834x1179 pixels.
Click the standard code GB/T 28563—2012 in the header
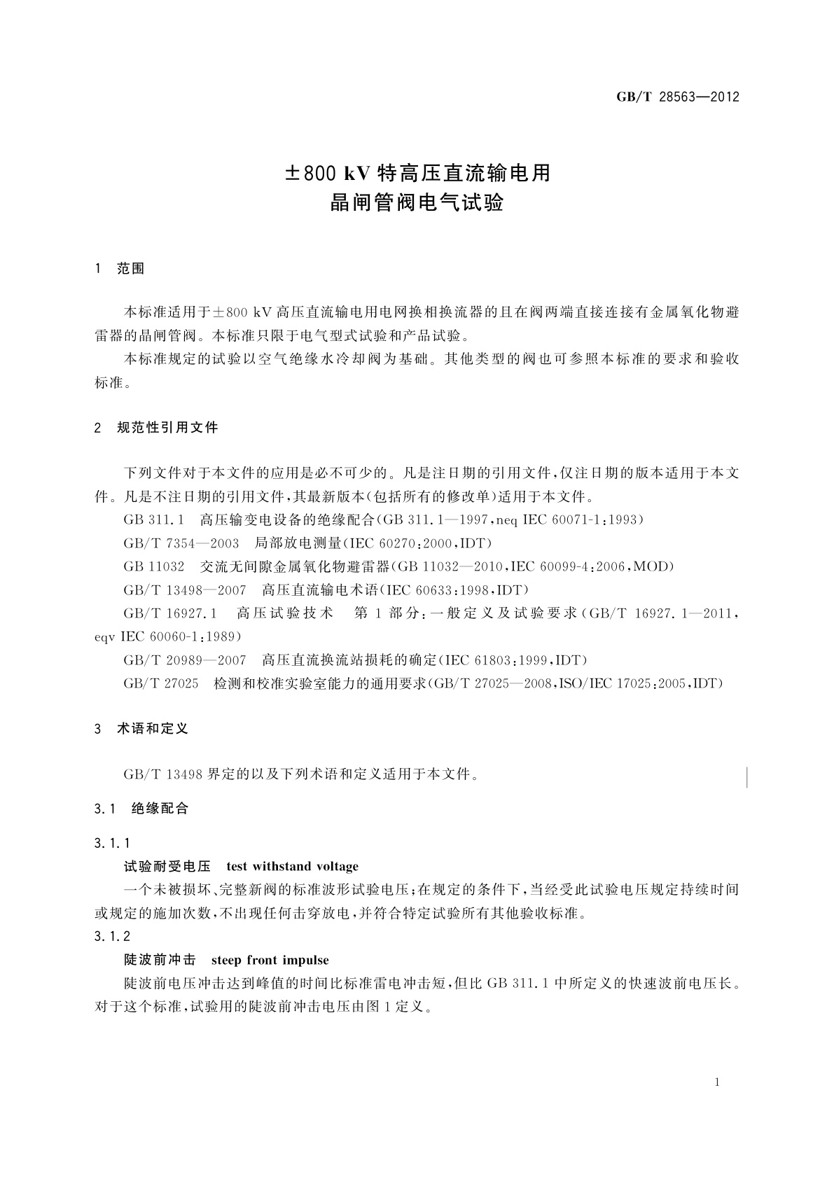pyautogui.click(x=677, y=97)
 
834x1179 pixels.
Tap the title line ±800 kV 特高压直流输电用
pyautogui.click(x=417, y=172)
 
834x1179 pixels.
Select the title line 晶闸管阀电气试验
pyautogui.click(x=417, y=204)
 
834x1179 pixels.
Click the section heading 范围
pyautogui.click(x=131, y=269)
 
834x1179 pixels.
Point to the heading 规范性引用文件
pyautogui.click(x=167, y=427)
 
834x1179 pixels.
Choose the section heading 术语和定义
pyautogui.click(x=153, y=729)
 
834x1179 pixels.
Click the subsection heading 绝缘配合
pyautogui.click(x=160, y=809)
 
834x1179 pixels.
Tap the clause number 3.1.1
pyautogui.click(x=112, y=844)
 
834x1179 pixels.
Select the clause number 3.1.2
pyautogui.click(x=112, y=937)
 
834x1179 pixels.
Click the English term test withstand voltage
pyautogui.click(x=292, y=867)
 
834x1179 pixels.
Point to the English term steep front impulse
pyautogui.click(x=270, y=960)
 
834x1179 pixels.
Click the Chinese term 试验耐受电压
pyautogui.click(x=167, y=867)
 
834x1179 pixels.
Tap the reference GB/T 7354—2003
pyautogui.click(x=181, y=543)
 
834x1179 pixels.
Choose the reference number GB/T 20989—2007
pyautogui.click(x=185, y=660)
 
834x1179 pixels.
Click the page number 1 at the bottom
pyautogui.click(x=718, y=1082)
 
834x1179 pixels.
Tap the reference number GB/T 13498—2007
pyautogui.click(x=185, y=590)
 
